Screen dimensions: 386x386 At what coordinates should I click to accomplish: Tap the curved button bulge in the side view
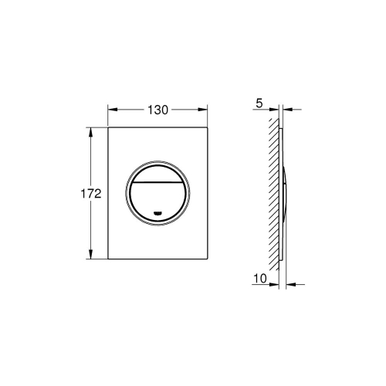[x=286, y=193]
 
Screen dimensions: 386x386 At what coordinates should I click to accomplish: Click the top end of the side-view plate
[x=282, y=127]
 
